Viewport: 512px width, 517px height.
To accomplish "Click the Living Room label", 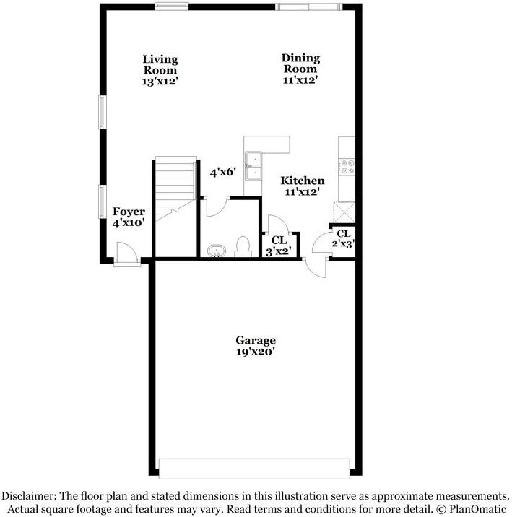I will [x=160, y=70].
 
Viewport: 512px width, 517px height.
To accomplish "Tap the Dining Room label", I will [x=300, y=69].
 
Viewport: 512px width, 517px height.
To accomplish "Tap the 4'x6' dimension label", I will [x=223, y=173].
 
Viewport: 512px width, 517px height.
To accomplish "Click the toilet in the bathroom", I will [x=243, y=248].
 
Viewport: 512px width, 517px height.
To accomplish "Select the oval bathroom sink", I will [x=216, y=251].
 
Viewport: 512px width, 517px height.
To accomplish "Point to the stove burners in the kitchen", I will [x=348, y=167].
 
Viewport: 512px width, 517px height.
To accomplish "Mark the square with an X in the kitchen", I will [x=343, y=212].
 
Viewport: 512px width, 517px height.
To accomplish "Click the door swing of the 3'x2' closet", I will [x=279, y=225].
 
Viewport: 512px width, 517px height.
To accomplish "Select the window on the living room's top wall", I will [x=173, y=7].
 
